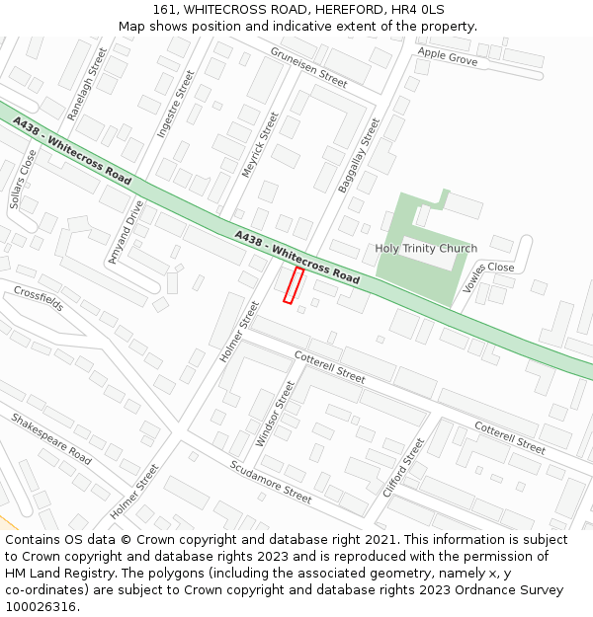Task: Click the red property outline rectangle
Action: coord(294,285)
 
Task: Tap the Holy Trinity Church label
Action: coord(426,249)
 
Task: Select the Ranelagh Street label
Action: coord(87,85)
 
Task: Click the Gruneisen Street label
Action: coord(308,68)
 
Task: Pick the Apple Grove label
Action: coord(447,56)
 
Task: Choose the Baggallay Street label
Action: coord(358,155)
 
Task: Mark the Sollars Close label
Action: coord(23,179)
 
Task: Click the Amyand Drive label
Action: coord(127,231)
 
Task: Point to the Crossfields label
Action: coord(38,297)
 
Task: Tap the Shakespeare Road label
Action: coord(51,439)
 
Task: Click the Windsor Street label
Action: coord(275,414)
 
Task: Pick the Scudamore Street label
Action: coord(270,482)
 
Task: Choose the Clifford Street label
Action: coord(403,467)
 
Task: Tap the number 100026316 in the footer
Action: coord(41,607)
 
